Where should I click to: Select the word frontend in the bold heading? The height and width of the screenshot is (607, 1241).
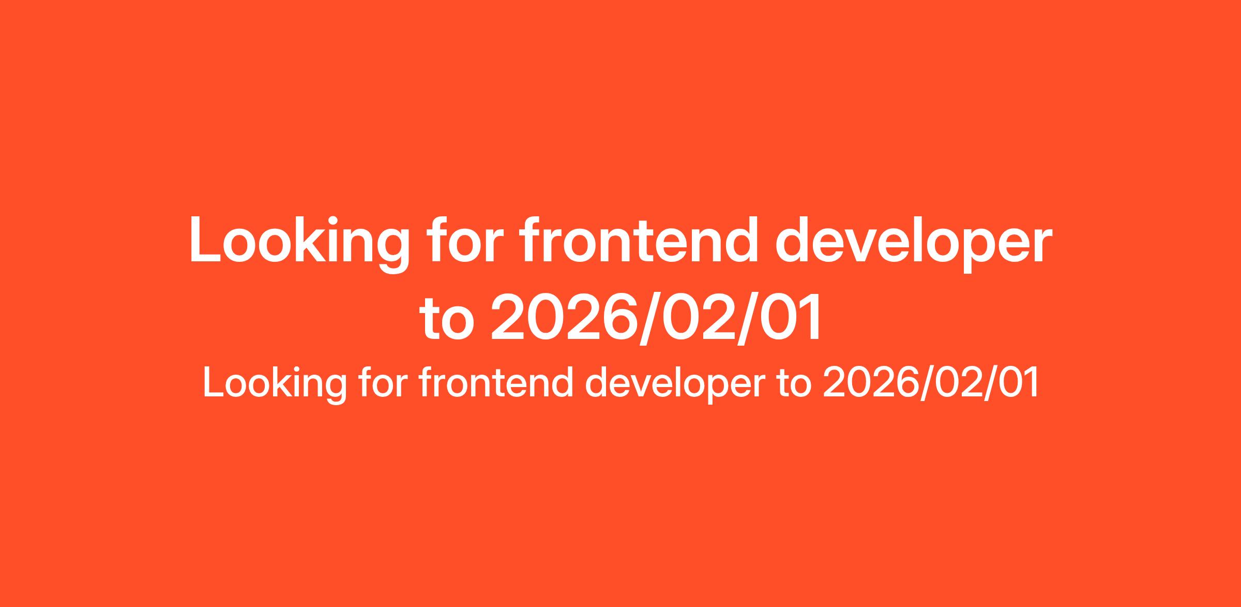640,238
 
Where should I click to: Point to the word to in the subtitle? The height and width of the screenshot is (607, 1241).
794,384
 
